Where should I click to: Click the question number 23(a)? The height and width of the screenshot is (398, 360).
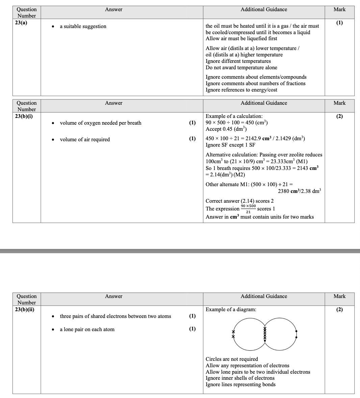tap(22, 22)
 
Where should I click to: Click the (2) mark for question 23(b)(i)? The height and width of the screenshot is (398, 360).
tap(339, 116)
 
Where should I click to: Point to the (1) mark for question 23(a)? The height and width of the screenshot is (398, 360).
tap(339, 23)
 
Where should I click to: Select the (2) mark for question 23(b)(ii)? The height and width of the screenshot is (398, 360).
tap(339, 309)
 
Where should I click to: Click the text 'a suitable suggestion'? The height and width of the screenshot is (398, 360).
tap(83, 26)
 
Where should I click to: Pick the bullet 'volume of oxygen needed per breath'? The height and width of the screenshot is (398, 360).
tap(100, 123)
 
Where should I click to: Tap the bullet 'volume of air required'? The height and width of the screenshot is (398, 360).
tap(84, 140)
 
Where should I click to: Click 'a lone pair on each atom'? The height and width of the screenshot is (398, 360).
tap(87, 329)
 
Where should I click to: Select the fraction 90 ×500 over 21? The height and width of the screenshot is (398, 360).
tap(248, 209)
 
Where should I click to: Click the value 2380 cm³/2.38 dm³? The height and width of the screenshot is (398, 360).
tap(299, 191)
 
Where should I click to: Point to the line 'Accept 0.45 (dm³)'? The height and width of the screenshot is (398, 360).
tap(226, 129)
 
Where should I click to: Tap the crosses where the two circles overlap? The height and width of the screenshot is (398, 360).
tap(265, 334)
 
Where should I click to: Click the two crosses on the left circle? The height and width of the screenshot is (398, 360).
tap(233, 334)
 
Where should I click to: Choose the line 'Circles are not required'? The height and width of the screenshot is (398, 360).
tap(232, 359)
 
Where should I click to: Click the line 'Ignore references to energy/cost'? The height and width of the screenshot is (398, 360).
tap(241, 90)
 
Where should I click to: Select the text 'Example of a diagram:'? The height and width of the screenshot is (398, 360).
tap(231, 309)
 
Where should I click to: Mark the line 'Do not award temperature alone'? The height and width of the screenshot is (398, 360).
tap(241, 68)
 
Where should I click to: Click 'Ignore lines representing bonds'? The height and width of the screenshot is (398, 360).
tap(240, 384)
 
